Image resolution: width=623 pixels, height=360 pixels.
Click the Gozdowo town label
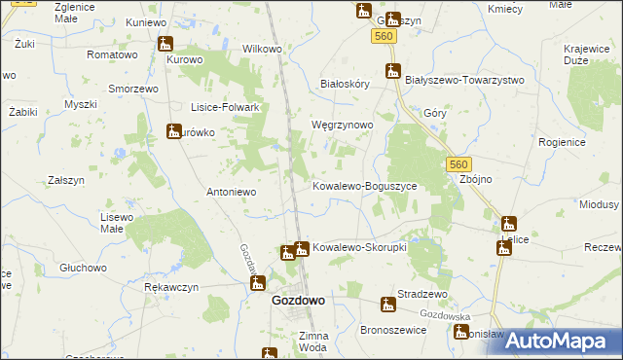297,301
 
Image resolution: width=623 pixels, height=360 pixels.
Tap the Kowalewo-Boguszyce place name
364,185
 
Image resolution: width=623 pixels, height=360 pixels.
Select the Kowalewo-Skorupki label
359,247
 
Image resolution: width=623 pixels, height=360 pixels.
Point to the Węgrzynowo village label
342,126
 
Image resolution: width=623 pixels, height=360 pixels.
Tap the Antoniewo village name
231,192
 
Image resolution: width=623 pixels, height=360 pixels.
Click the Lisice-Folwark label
223,108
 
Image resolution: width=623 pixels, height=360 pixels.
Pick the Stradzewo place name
421,294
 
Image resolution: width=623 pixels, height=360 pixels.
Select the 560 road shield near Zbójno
460,165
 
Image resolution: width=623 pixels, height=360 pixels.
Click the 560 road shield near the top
383,36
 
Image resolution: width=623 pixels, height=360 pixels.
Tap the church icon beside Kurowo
165,44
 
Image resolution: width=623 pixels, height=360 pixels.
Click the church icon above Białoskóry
393,70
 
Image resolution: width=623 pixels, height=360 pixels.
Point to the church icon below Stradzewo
388,306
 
